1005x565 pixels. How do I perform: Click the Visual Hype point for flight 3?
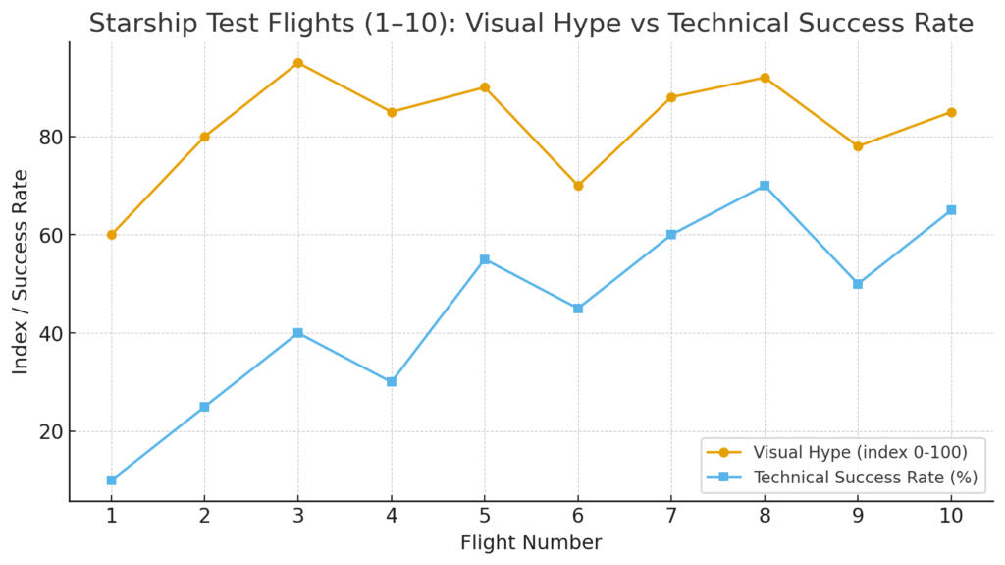pos(297,63)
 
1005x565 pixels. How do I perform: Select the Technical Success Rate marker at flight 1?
pos(111,480)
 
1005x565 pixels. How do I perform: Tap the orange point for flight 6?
pos(578,186)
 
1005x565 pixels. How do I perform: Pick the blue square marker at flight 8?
pos(765,186)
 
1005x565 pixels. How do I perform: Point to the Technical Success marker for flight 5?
pos(485,259)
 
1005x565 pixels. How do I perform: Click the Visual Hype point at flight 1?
pos(111,235)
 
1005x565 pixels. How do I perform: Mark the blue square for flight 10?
pos(951,210)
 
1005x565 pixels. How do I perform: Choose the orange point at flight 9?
pos(858,146)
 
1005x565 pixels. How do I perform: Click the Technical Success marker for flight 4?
pos(392,381)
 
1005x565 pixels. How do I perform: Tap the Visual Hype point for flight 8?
pos(765,78)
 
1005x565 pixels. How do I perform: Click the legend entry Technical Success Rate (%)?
pos(865,478)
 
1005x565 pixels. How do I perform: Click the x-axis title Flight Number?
pos(531,542)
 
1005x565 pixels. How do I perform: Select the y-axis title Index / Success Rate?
pos(21,269)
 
